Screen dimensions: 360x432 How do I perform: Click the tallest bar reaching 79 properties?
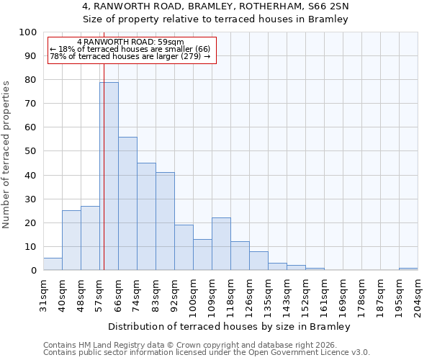(109, 176)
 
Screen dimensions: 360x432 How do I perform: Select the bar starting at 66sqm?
(127, 204)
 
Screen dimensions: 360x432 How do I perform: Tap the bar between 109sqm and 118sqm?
(221, 244)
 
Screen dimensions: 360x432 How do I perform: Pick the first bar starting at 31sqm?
(53, 264)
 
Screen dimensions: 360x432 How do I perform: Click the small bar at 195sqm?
(408, 269)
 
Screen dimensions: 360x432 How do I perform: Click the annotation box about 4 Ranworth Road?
(132, 50)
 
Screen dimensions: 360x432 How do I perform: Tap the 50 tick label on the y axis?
(30, 151)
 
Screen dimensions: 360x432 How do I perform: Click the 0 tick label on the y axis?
(33, 271)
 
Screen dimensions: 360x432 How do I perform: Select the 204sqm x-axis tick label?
(418, 294)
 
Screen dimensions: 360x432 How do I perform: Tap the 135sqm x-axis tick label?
(268, 294)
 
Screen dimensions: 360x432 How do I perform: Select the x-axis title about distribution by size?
(230, 326)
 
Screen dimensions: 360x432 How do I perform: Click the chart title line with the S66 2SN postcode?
(216, 6)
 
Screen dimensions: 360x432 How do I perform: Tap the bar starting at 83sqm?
(165, 221)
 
